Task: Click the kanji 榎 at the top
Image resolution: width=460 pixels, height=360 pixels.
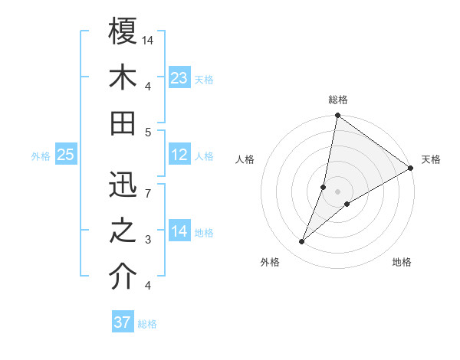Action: pos(123,31)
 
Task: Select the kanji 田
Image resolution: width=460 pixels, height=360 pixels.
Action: pos(123,123)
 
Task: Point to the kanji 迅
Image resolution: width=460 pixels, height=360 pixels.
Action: pos(123,185)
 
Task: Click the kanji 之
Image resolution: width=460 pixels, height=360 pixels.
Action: pos(123,231)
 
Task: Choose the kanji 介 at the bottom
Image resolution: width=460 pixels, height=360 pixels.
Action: pos(123,277)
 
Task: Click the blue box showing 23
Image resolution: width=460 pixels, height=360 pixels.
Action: pos(179,77)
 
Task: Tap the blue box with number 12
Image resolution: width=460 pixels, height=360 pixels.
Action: pos(179,155)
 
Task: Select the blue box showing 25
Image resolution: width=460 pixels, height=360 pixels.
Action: pos(66,155)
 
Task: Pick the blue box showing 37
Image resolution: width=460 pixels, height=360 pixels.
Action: pos(123,322)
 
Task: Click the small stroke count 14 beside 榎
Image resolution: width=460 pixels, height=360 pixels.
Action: pos(148,39)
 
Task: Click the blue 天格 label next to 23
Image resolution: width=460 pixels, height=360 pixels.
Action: pos(204,79)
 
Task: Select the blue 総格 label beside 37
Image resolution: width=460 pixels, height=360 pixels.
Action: pos(147,324)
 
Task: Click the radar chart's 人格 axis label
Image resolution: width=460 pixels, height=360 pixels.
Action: pos(245,159)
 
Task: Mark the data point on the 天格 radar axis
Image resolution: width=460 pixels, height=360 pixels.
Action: pos(410,169)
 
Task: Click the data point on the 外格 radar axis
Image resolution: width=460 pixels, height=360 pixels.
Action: pos(301,242)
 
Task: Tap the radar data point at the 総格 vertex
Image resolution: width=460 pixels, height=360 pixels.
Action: pos(337,116)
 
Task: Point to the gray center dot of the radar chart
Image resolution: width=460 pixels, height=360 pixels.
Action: pos(337,191)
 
